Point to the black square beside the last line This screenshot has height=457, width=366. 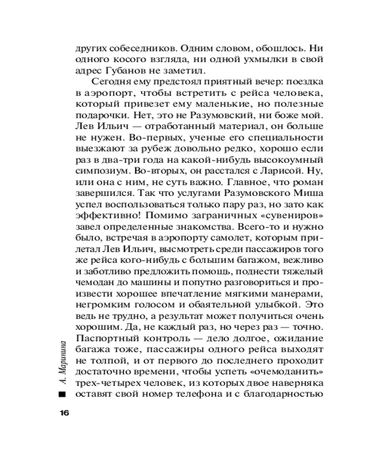click(x=63, y=394)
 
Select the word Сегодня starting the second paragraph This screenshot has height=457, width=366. click(x=109, y=82)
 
